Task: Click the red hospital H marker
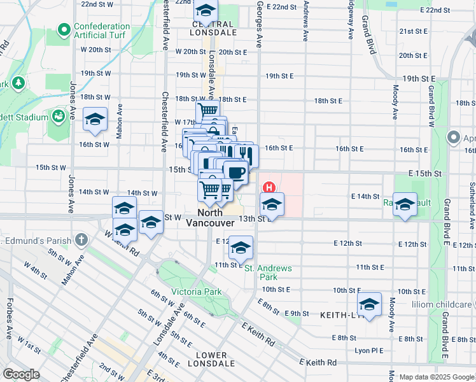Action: pos(269,188)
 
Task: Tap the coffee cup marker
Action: pos(235,171)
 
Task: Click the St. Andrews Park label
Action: pos(269,272)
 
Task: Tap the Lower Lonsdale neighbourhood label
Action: pos(211,359)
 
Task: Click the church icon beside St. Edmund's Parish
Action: pos(80,239)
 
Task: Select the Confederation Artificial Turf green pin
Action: pos(64,30)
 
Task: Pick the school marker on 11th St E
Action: pos(241,246)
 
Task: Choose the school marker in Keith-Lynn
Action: pos(369,303)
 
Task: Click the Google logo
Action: pos(22,374)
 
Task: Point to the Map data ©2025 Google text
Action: pos(437,377)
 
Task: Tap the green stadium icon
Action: pos(59,117)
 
